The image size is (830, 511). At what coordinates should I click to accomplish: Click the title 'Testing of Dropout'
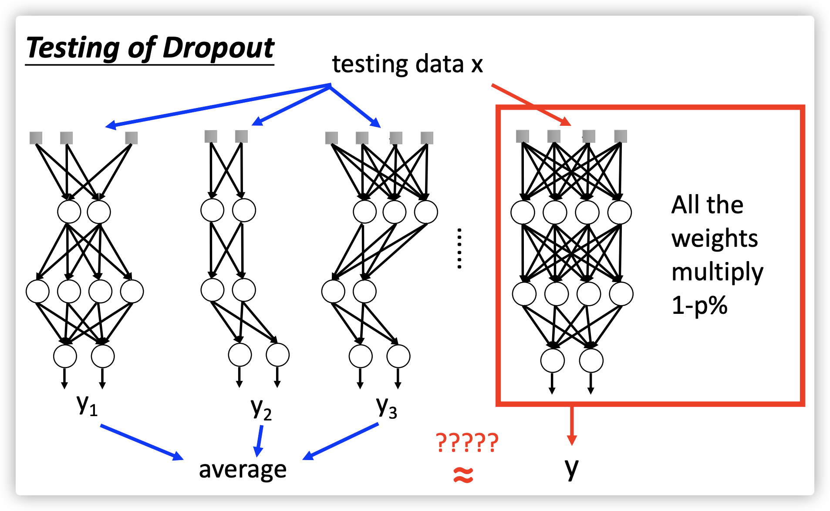tap(150, 48)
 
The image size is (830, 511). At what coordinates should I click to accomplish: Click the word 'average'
tap(243, 469)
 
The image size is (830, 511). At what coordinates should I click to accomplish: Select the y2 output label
tap(261, 409)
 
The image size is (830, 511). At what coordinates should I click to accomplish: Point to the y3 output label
tap(386, 407)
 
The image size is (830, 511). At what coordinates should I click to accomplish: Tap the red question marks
tap(467, 443)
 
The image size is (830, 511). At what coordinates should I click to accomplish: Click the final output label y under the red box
tap(571, 468)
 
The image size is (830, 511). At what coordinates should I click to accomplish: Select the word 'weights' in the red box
tap(715, 239)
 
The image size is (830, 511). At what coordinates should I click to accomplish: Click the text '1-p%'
tap(699, 305)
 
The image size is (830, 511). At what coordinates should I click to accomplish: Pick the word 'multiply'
tap(717, 272)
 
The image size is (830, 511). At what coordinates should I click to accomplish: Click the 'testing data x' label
tap(408, 64)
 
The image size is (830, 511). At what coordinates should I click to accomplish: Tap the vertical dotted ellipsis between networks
tap(459, 248)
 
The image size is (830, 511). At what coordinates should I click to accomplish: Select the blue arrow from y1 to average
tap(142, 442)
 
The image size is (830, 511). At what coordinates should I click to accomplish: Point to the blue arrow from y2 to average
tap(260, 440)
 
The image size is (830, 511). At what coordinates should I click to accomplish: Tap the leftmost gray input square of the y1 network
tap(36, 138)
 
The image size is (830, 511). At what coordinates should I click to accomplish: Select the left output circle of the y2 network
tap(240, 355)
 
